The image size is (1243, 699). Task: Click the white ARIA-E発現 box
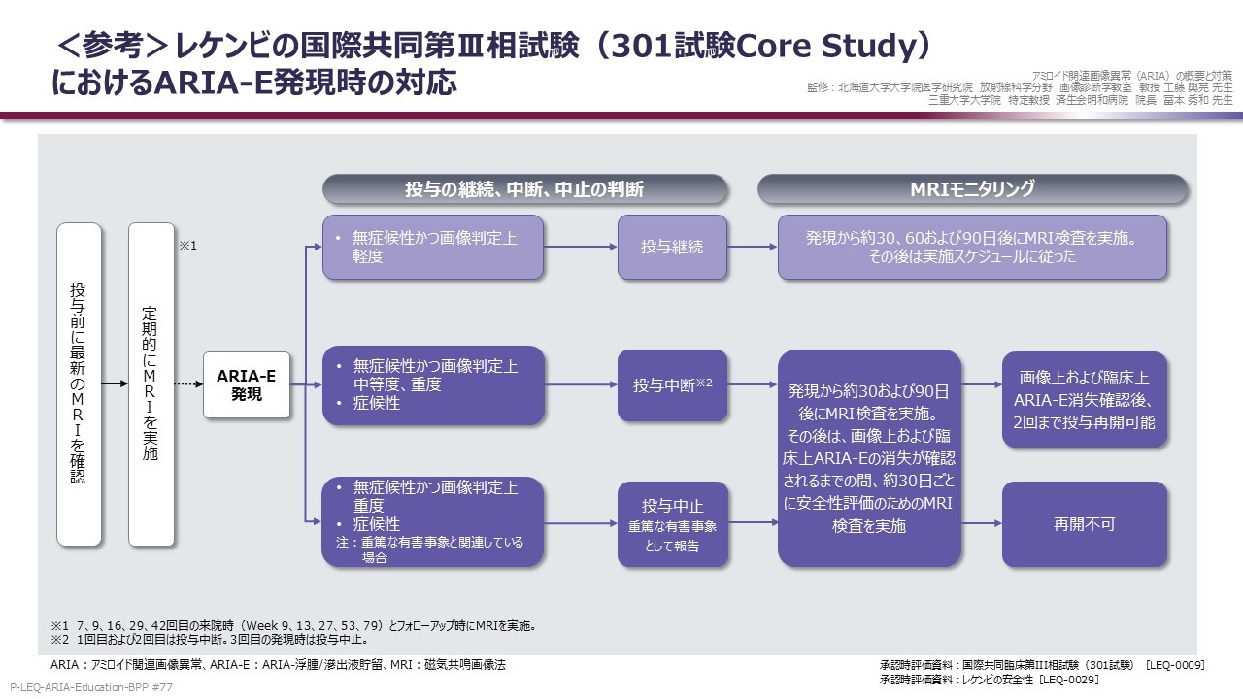click(247, 384)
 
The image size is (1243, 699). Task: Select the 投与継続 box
click(672, 247)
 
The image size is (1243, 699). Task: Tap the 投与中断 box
click(672, 385)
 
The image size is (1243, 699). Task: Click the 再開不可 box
click(1085, 523)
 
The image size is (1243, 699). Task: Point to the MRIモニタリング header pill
click(972, 189)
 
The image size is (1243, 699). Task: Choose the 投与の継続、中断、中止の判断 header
click(524, 189)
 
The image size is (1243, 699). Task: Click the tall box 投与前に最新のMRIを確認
click(79, 384)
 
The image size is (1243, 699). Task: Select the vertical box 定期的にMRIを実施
click(151, 384)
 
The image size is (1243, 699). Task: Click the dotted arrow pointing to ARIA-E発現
click(188, 383)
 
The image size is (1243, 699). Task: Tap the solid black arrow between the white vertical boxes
click(115, 383)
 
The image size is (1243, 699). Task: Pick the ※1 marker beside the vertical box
click(188, 246)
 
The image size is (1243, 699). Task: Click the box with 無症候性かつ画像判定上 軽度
click(433, 247)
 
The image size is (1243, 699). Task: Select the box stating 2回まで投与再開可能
click(1085, 399)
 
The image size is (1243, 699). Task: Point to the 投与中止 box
click(672, 524)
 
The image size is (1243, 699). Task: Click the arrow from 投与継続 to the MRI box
click(752, 247)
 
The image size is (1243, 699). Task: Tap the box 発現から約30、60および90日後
click(972, 247)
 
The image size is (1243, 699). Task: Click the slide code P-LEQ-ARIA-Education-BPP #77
click(91, 687)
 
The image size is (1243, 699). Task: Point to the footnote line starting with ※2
click(210, 640)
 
